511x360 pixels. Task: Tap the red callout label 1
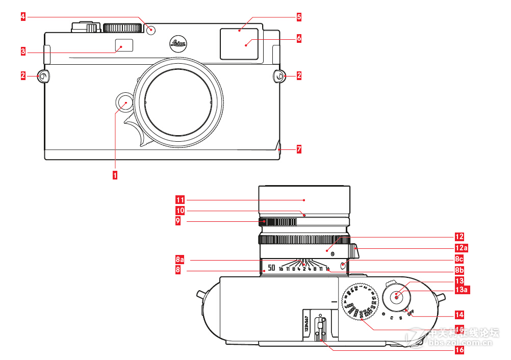pyautogui.click(x=115, y=175)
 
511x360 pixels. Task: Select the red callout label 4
pyautogui.click(x=23, y=16)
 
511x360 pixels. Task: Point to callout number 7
pyautogui.click(x=299, y=149)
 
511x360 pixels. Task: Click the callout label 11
pyautogui.click(x=180, y=199)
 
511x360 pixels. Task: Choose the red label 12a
pyautogui.click(x=461, y=248)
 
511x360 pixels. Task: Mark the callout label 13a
pyautogui.click(x=462, y=290)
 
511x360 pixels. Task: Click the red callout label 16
pyautogui.click(x=459, y=350)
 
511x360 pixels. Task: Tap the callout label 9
pyautogui.click(x=178, y=222)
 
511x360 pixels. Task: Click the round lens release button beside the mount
pyautogui.click(x=124, y=102)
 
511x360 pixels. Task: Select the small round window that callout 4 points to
pyautogui.click(x=151, y=30)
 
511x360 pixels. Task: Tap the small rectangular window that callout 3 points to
pyautogui.click(x=123, y=45)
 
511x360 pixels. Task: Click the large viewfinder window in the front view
pyautogui.click(x=239, y=43)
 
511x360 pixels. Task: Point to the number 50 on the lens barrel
pyautogui.click(x=271, y=268)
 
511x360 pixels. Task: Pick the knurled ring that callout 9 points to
pyautogui.click(x=278, y=222)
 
